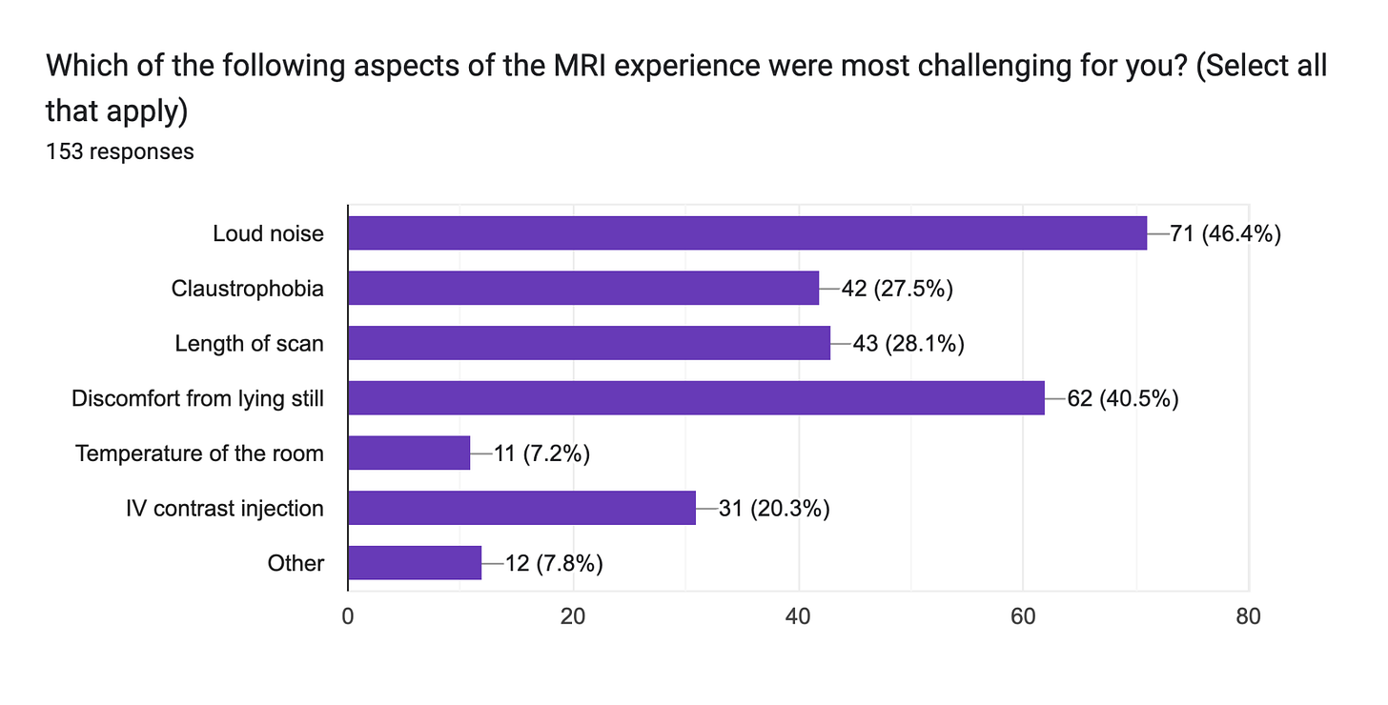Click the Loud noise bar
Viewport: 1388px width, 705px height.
(746, 232)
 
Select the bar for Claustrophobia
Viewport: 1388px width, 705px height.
(582, 288)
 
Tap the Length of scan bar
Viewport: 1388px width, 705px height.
(588, 343)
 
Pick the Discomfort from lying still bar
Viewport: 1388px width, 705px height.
(696, 398)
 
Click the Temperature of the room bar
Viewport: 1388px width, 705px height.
(409, 453)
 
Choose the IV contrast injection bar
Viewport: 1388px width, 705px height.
(521, 508)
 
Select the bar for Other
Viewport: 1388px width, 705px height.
(415, 563)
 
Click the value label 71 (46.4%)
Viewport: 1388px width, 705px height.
(1224, 233)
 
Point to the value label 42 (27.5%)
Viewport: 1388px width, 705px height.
(897, 289)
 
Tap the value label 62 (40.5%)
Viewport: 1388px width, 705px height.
(1122, 398)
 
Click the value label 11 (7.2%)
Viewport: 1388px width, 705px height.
(541, 453)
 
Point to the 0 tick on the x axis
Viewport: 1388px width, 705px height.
(348, 616)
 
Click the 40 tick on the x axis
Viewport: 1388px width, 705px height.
(798, 616)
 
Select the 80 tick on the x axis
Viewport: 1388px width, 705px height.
(1248, 616)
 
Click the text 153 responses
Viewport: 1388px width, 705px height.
(119, 151)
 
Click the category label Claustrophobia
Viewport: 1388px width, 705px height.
(247, 289)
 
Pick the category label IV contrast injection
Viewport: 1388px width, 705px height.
(224, 509)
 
